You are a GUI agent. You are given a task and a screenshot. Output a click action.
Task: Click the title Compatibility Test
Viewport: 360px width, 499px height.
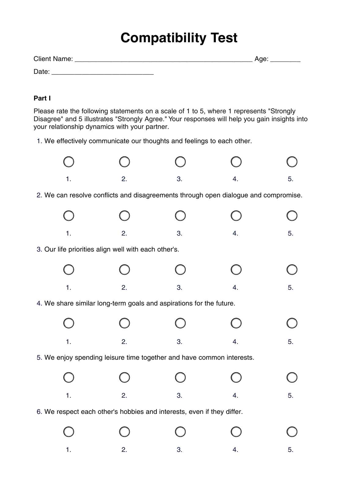[x=179, y=38]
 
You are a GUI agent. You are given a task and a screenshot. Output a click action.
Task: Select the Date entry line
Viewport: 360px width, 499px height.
[x=103, y=73]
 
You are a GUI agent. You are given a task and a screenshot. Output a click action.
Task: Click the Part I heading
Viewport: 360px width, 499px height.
[x=42, y=98]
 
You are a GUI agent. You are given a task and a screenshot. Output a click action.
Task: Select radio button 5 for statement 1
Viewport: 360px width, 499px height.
[x=292, y=162]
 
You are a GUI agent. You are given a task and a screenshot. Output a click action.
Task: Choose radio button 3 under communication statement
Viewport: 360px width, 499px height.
[x=180, y=162]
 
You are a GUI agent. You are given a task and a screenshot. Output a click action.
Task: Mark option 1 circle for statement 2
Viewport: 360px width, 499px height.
[x=69, y=216]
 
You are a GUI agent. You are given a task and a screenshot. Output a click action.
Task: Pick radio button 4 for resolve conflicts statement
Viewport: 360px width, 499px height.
[x=236, y=216]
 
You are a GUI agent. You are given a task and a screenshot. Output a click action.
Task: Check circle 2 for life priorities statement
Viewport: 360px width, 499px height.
[x=124, y=270]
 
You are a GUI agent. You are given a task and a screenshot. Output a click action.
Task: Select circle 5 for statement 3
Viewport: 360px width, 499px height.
[x=292, y=270]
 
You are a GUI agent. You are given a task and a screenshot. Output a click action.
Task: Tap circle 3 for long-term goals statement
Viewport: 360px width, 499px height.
[x=180, y=323]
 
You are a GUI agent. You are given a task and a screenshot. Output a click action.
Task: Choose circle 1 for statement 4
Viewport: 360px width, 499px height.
[x=69, y=323]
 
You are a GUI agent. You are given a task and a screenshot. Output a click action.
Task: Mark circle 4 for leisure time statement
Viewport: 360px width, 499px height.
[x=236, y=377]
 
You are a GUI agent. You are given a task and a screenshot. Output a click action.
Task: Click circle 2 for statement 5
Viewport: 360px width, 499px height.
[x=124, y=377]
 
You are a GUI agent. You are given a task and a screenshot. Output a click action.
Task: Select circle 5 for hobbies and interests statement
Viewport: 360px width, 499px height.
[x=292, y=432]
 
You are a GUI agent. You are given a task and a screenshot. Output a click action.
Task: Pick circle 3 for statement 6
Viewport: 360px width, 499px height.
[x=180, y=432]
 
